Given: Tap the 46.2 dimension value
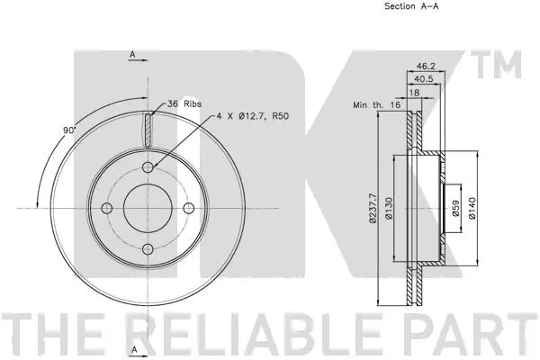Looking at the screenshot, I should [x=427, y=66].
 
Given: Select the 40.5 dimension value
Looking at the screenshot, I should [x=427, y=78].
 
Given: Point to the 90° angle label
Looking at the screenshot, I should [x=68, y=131].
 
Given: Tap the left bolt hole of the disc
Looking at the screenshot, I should [x=106, y=208].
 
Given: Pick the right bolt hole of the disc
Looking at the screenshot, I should [x=189, y=208].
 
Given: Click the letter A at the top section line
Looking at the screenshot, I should [x=131, y=56].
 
